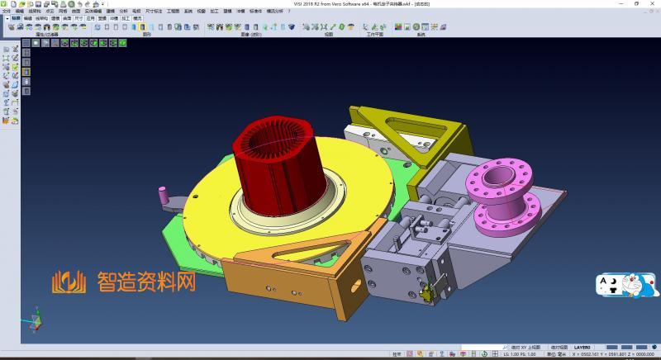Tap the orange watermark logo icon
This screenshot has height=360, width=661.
(69, 283)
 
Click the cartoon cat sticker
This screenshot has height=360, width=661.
(638, 286)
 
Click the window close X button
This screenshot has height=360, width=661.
(654, 3)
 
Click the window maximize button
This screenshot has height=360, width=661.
(636, 3)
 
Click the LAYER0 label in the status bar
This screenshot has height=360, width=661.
(583, 348)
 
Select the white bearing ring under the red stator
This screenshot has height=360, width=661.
(273, 216)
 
